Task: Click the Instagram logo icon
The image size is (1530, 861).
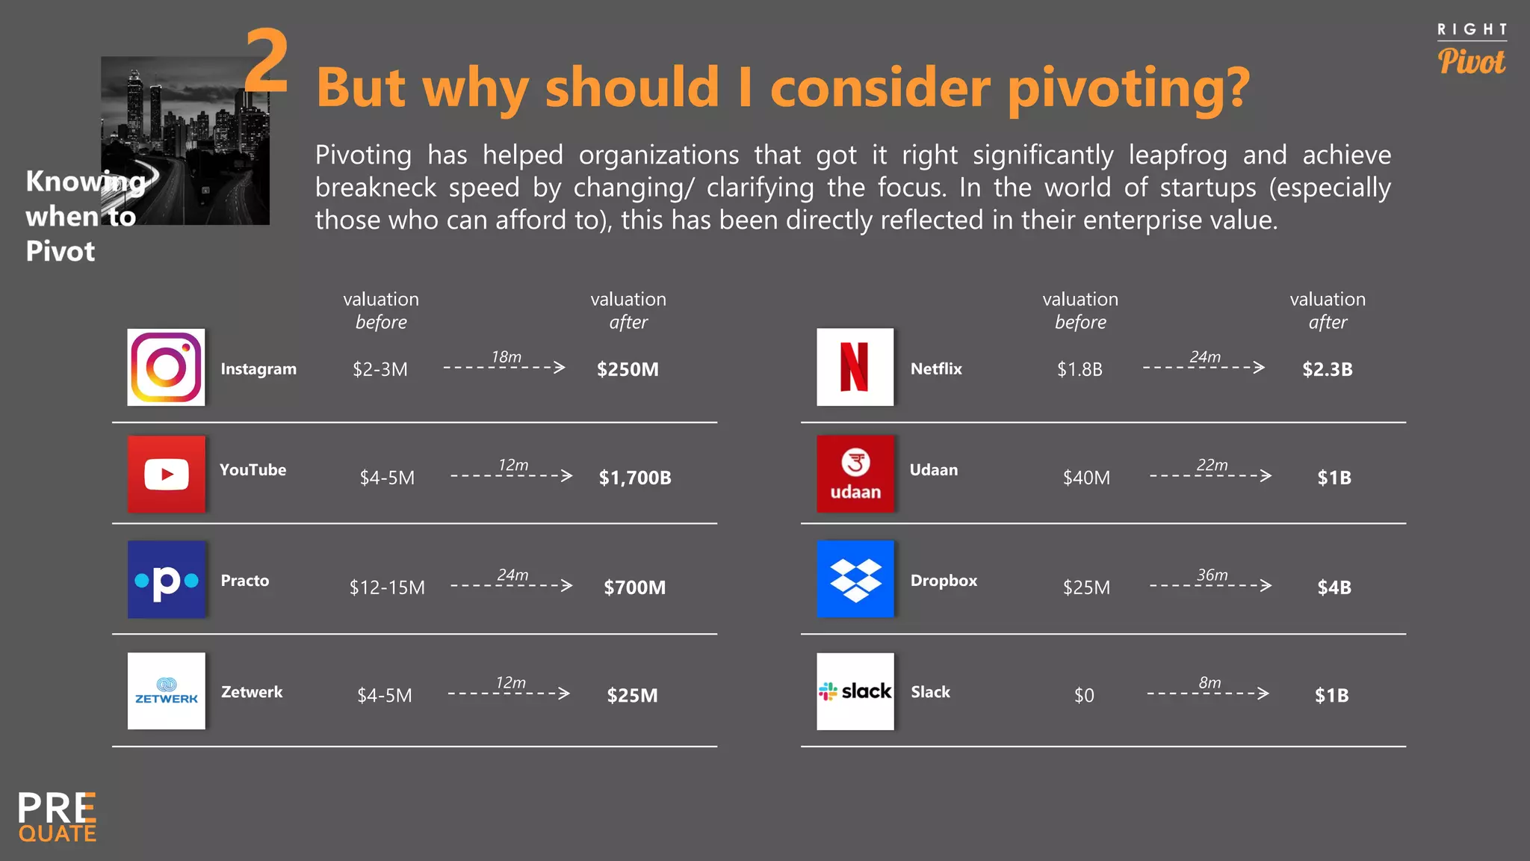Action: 166,367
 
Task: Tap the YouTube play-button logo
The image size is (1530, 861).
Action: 166,474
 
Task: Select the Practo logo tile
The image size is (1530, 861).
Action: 166,579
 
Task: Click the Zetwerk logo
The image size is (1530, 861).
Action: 166,691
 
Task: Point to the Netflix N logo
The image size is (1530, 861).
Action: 855,367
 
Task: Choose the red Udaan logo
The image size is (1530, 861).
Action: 855,474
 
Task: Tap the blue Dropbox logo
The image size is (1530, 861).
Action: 855,579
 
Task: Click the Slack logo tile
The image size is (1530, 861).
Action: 855,691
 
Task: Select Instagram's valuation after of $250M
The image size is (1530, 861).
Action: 628,369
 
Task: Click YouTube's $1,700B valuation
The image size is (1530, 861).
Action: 635,478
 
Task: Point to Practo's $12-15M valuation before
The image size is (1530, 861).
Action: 387,587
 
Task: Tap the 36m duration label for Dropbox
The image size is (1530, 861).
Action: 1212,575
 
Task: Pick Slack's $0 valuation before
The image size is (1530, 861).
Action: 1084,696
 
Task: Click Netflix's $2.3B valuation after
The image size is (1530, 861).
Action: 1328,369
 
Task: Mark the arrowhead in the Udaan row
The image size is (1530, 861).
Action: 1266,475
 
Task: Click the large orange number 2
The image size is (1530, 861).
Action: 267,61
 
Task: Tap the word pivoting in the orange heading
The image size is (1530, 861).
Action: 1128,88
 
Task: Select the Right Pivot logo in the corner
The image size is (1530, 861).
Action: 1472,50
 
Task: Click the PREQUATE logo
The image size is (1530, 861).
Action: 58,817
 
